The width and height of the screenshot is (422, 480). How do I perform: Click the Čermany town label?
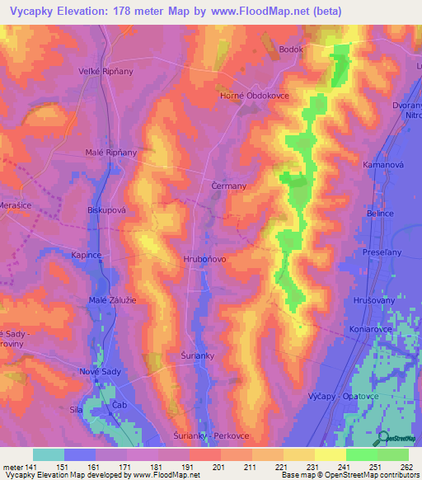(x=229, y=186)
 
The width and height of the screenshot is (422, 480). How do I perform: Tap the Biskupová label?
(x=105, y=210)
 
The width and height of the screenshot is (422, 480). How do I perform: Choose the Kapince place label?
(x=87, y=256)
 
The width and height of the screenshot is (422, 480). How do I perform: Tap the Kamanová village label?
(x=382, y=166)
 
